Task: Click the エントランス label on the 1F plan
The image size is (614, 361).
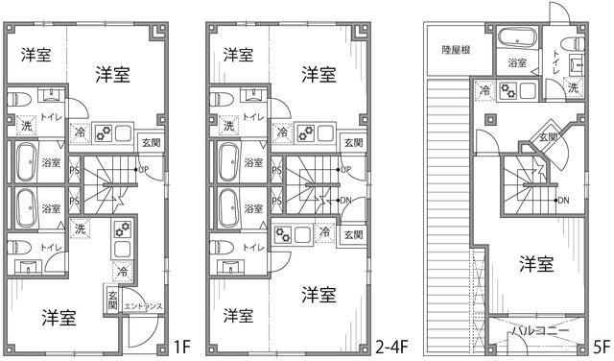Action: click(x=144, y=307)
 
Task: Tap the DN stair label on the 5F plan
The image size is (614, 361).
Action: click(x=563, y=200)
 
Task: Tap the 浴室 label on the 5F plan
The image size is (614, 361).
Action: click(x=517, y=63)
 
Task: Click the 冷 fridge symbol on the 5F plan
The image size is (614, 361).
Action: click(x=484, y=91)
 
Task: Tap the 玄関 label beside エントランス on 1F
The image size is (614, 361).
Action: click(x=113, y=299)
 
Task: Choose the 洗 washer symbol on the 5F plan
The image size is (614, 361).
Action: click(x=573, y=87)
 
